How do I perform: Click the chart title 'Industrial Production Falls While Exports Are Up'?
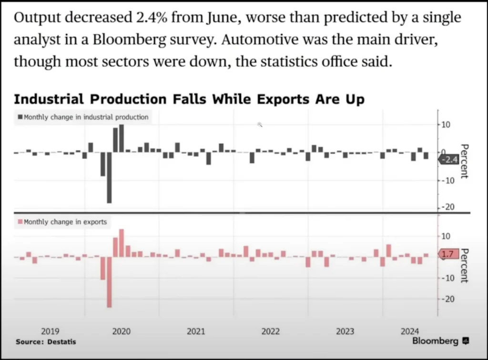pyautogui.click(x=189, y=99)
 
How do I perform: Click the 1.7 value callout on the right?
pyautogui.click(x=448, y=255)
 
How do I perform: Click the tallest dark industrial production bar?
pyautogui.click(x=122, y=138)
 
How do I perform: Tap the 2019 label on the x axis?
pyautogui.click(x=51, y=331)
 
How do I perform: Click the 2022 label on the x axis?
pyautogui.click(x=271, y=331)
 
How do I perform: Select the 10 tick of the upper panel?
pyautogui.click(x=447, y=125)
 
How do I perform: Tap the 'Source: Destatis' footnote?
pyautogui.click(x=46, y=341)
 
